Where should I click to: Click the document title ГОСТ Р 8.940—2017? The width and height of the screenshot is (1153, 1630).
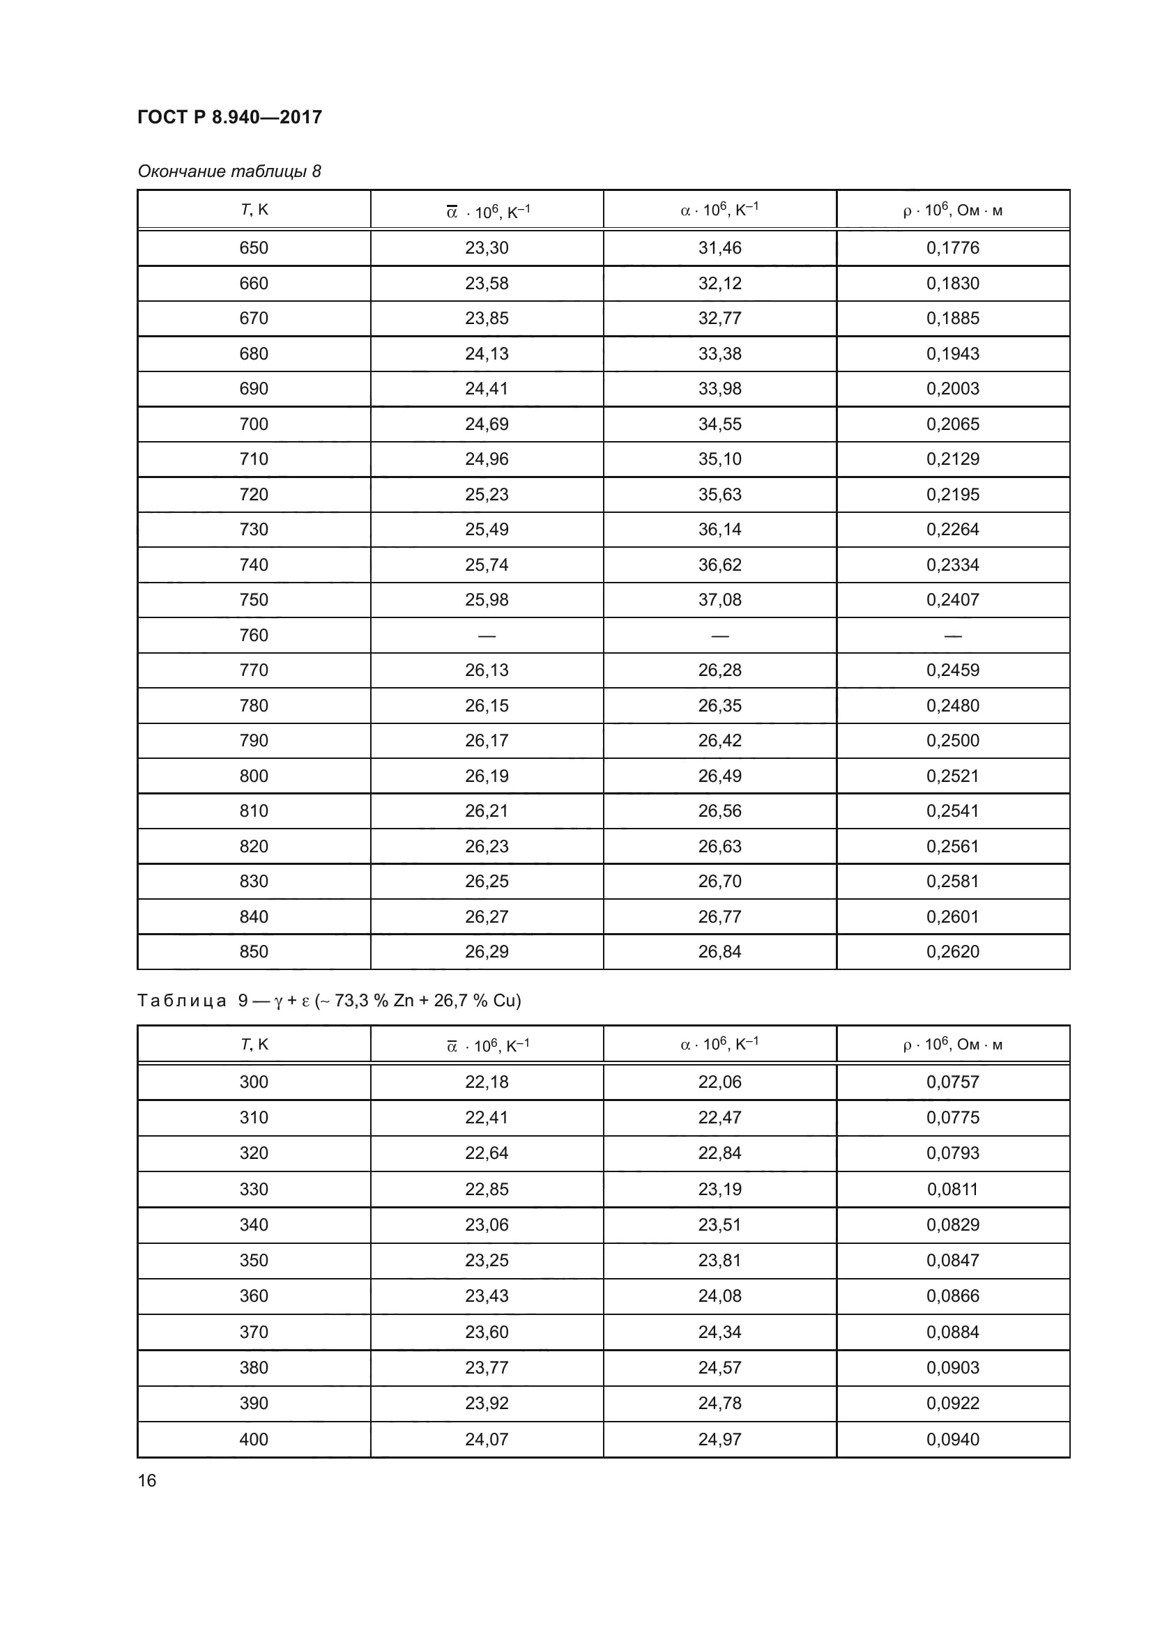[x=229, y=117]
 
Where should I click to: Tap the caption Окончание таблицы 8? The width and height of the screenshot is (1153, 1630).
[x=229, y=171]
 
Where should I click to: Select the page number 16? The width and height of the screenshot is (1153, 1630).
[x=147, y=1480]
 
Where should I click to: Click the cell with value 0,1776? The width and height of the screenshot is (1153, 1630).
[x=952, y=248]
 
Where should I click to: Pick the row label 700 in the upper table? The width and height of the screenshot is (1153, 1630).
[x=254, y=424]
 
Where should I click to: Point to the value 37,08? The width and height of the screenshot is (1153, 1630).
[x=719, y=600]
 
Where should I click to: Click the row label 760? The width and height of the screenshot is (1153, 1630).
[x=254, y=635]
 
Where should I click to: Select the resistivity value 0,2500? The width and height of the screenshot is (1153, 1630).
[x=952, y=741]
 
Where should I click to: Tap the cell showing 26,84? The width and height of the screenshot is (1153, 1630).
[x=719, y=951]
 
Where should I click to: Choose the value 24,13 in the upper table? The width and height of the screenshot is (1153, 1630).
[x=487, y=353]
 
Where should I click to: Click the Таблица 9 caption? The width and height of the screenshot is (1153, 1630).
[x=329, y=1000]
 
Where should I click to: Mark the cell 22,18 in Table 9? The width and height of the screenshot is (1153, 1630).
[x=487, y=1082]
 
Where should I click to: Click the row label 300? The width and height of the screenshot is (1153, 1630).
[x=254, y=1082]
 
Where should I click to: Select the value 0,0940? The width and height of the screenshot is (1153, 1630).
[x=952, y=1439]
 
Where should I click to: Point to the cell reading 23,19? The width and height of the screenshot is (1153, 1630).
[x=719, y=1189]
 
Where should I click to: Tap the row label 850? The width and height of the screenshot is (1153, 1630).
[x=254, y=951]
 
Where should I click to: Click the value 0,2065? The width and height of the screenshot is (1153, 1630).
[x=952, y=424]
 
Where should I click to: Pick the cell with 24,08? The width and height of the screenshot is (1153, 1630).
[x=719, y=1295]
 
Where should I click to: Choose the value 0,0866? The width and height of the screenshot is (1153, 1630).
[x=952, y=1295]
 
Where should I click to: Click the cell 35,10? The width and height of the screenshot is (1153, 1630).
[x=719, y=459]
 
